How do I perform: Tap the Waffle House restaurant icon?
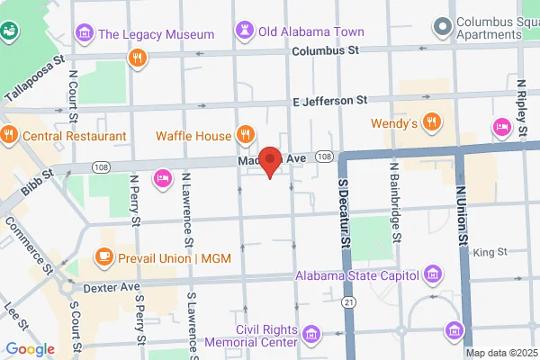coord(244,136)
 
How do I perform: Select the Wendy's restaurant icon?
coord(432,122)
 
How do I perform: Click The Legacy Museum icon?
coord(85,34)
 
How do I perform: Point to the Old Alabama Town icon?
coord(243,31)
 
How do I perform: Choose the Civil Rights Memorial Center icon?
coord(310,336)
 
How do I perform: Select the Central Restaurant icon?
coord(9,136)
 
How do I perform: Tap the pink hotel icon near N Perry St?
coord(163,177)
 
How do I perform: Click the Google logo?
coord(30,349)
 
